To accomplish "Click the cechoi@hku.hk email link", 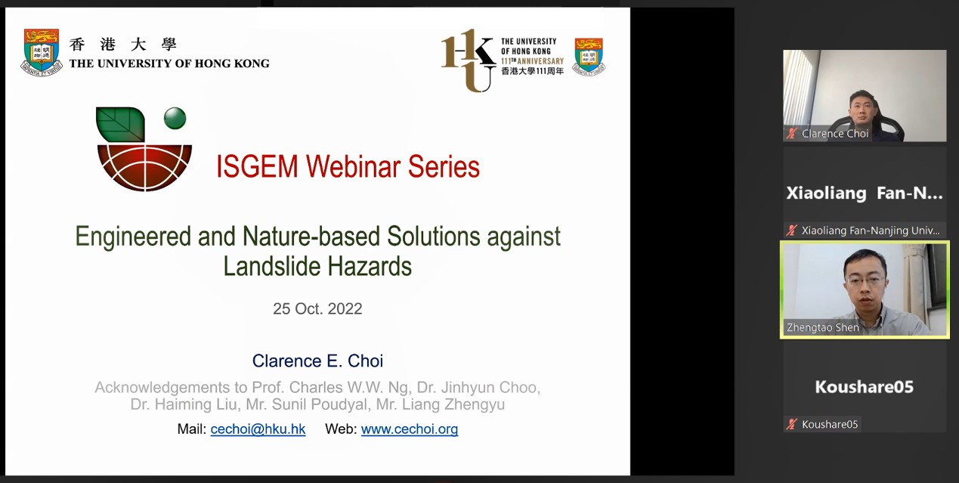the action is pos(258,429).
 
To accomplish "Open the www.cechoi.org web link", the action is pos(410,429).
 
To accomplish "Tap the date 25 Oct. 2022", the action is pos(317,308).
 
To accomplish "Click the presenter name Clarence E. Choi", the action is pos(317,361).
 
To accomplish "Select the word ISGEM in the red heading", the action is pos(257,166).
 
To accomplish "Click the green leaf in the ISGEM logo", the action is pos(120,124).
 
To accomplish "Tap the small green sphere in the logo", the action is pos(175,118).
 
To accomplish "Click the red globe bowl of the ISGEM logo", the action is pos(144,168).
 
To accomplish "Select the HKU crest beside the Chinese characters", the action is pos(41,52).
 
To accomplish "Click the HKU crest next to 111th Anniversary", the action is pos(589,57).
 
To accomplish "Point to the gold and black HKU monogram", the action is pos(468,60).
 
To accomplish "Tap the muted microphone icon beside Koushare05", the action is pos(792,424).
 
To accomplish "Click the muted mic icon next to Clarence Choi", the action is pos(792,134).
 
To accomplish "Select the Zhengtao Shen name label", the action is pos(822,327).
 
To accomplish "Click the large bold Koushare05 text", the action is pos(865,387).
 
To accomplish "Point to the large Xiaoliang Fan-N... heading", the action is pos(865,193).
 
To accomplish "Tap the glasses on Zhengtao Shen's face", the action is pos(865,280).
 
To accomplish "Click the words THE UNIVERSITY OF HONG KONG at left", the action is pos(169,63).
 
